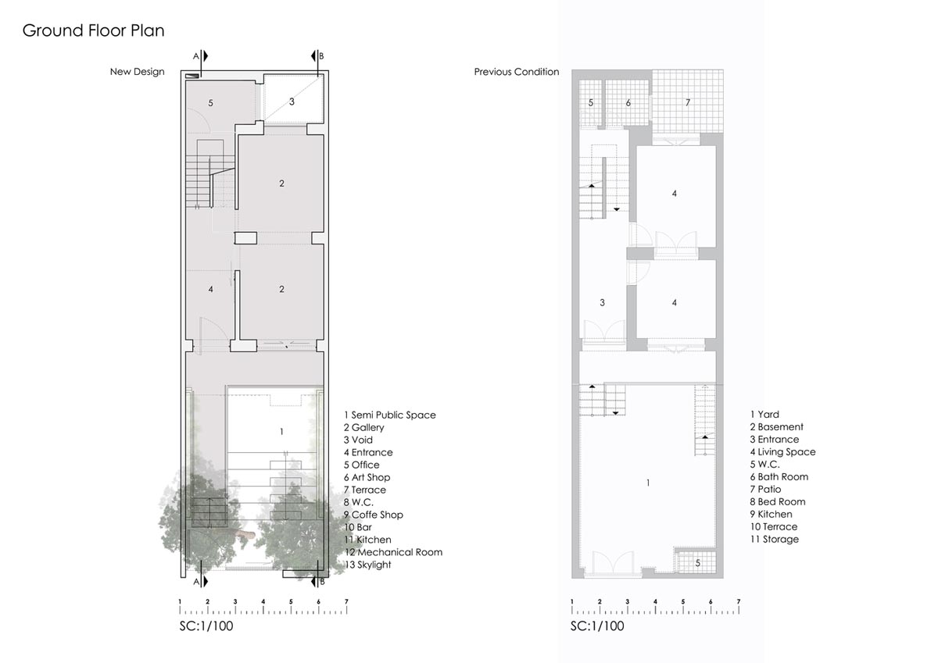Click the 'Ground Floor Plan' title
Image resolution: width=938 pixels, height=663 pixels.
[93, 31]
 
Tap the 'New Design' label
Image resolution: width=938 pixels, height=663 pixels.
[138, 72]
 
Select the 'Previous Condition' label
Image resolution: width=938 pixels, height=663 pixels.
[517, 72]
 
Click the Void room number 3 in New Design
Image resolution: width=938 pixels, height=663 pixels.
[292, 102]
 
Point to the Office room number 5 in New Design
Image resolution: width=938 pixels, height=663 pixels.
[210, 103]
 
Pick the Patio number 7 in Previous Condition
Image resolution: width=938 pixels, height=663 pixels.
[688, 102]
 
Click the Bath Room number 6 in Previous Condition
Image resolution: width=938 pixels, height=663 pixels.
[628, 102]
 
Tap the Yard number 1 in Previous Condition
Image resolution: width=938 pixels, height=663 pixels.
[648, 483]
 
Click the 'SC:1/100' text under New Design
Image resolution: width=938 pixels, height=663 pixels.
[206, 626]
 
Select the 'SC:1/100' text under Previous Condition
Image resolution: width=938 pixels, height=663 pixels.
[597, 626]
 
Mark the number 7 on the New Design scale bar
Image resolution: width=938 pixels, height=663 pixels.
[346, 601]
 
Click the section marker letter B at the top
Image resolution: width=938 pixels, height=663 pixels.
[321, 56]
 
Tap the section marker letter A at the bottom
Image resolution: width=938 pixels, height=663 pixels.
[195, 582]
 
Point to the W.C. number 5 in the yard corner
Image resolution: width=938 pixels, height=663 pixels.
[697, 563]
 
